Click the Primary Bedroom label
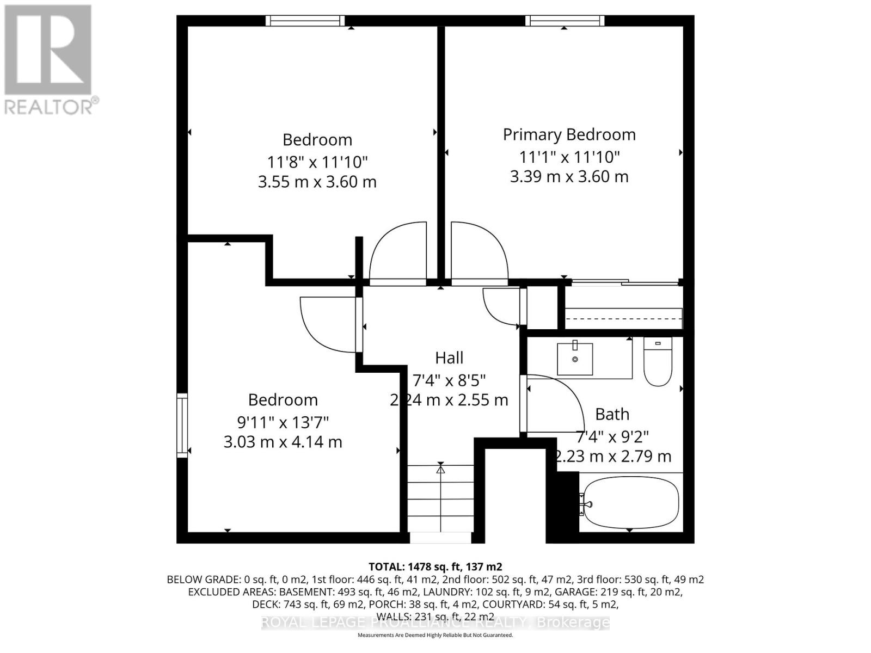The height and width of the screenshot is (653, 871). [569, 134]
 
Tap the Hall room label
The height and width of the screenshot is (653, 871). [449, 358]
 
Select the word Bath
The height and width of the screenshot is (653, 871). [612, 414]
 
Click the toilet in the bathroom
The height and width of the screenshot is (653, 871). [658, 361]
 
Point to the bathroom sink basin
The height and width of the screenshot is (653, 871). [575, 359]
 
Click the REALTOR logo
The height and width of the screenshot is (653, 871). [49, 59]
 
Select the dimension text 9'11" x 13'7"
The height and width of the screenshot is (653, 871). [283, 422]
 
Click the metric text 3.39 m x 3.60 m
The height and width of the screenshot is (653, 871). [569, 177]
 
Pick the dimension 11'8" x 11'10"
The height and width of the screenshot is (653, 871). [317, 162]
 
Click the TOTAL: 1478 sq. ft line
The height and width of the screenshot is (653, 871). [435, 566]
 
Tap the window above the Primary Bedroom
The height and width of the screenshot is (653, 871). [565, 21]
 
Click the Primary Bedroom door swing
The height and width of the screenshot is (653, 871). [479, 250]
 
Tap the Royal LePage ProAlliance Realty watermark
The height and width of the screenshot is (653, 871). [435, 622]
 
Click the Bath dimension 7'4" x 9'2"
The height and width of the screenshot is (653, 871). [612, 436]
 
